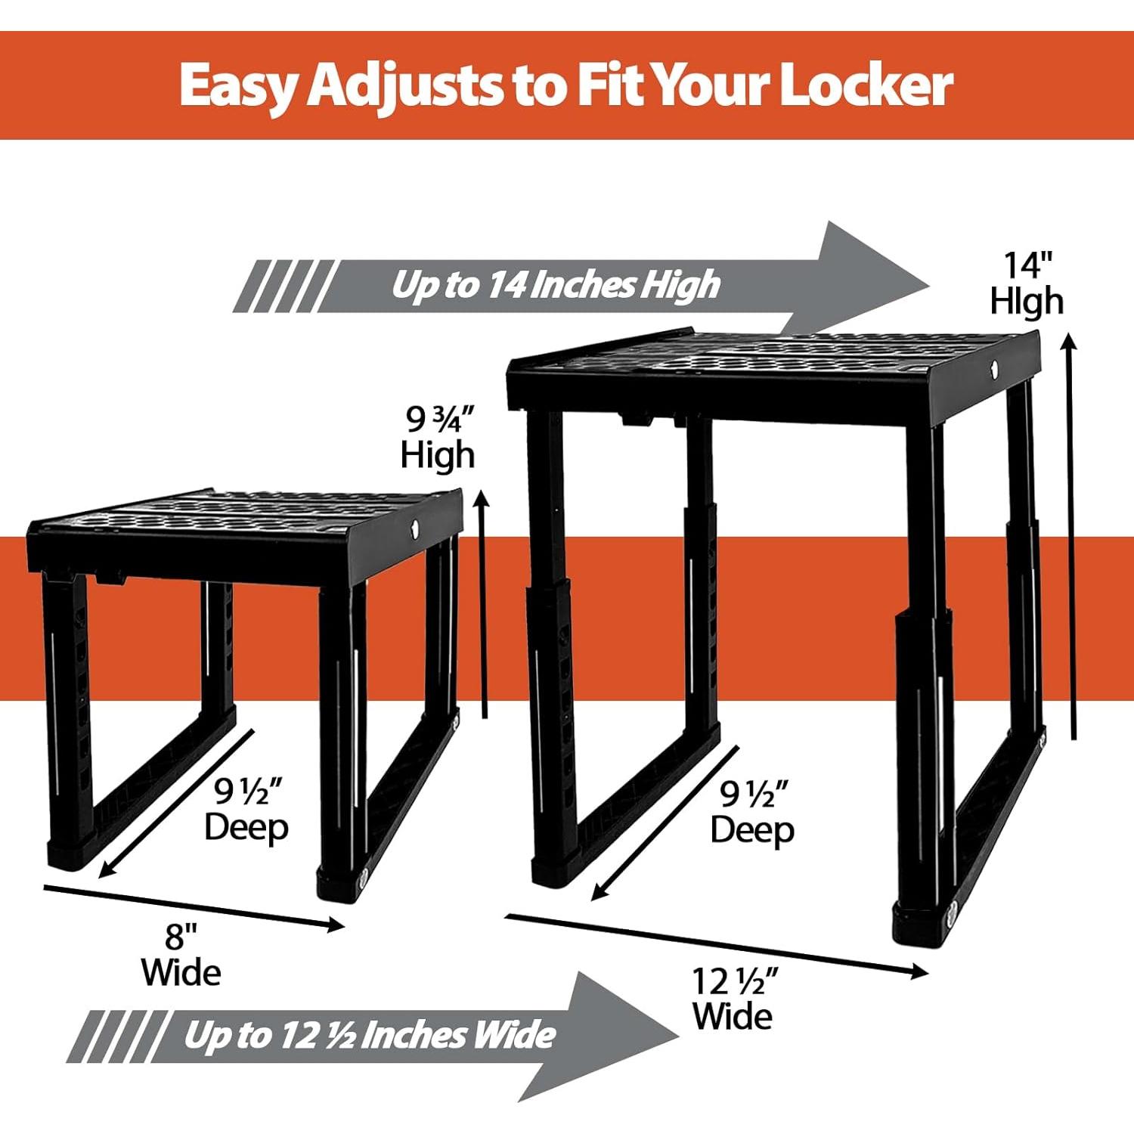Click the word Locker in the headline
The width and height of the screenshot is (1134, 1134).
click(x=866, y=85)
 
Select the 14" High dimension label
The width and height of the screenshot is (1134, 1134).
click(x=1027, y=283)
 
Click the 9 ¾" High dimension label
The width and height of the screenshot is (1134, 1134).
click(x=438, y=438)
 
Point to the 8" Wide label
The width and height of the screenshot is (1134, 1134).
click(x=181, y=956)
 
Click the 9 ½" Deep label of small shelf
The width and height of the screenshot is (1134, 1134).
click(x=246, y=809)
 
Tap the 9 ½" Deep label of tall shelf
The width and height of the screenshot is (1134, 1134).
click(x=752, y=813)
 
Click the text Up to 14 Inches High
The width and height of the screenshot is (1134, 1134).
click(x=556, y=285)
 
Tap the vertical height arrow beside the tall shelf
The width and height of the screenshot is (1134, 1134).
click(x=1070, y=537)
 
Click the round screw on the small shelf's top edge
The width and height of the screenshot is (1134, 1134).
click(x=415, y=526)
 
